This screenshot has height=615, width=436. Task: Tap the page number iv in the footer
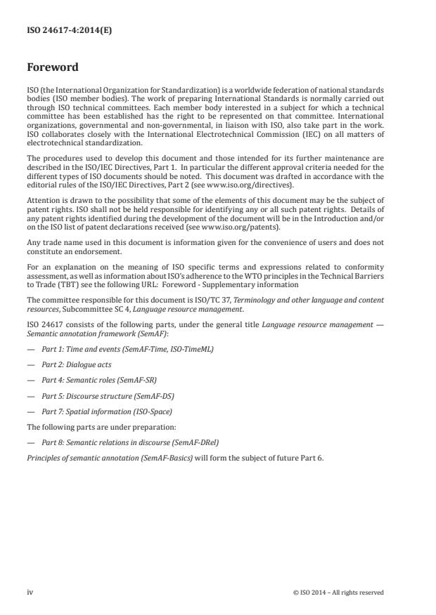point(30,592)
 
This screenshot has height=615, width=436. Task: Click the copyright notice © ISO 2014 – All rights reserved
point(338,593)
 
